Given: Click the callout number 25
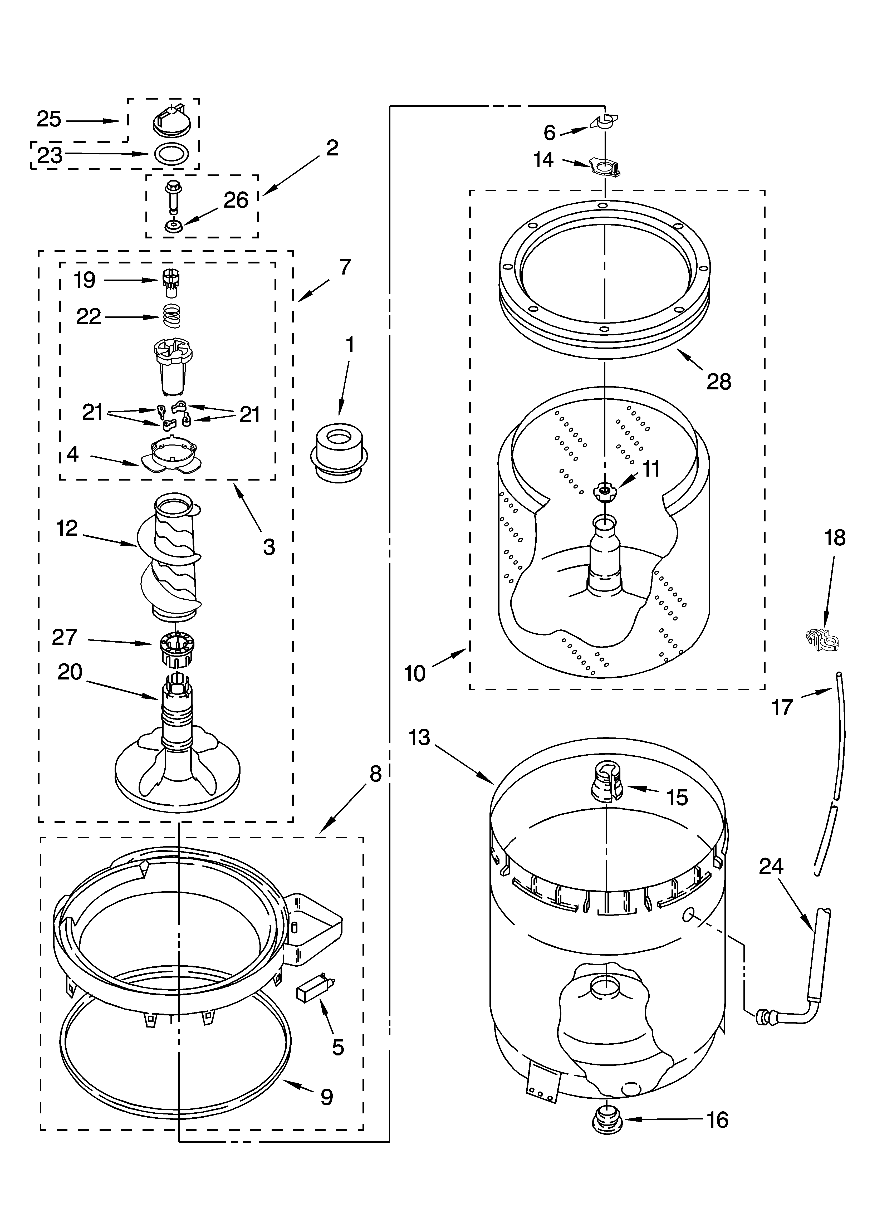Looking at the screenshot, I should [49, 119].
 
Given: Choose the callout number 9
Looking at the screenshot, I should [327, 1082].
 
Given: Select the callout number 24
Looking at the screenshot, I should [771, 866].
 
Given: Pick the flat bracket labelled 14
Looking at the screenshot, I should [605, 167].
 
